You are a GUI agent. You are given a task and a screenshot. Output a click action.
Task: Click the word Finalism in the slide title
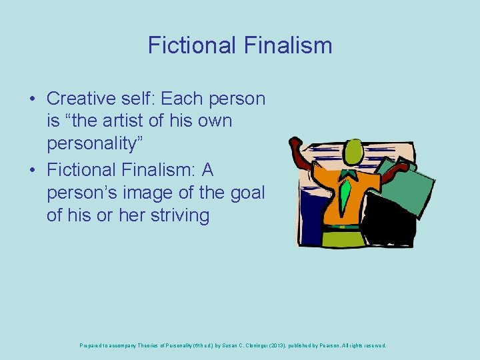tap(288, 45)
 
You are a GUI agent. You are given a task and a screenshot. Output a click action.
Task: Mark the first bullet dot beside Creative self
tap(32, 99)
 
